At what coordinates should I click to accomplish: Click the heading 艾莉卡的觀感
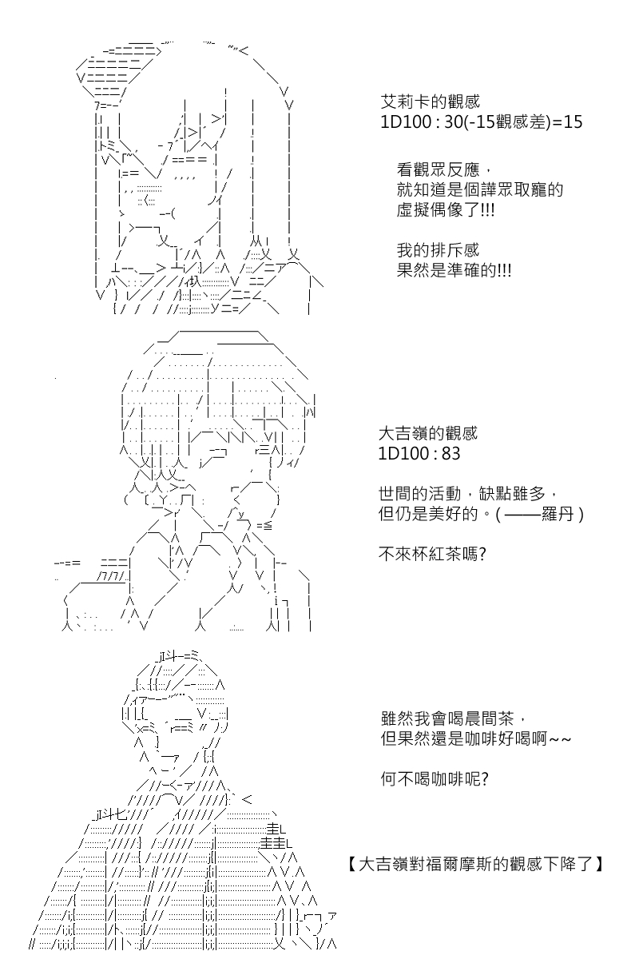pos(430,101)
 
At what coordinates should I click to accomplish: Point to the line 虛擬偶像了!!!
pos(446,210)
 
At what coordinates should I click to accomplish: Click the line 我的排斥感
pos(438,250)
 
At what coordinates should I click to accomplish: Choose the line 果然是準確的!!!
pos(454,270)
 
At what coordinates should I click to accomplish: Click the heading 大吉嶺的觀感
pos(428,433)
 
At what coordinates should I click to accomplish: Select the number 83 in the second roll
pos(450,453)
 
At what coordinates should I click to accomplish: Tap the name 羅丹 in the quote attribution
pos(558,514)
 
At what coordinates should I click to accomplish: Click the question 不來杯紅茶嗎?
pos(432,555)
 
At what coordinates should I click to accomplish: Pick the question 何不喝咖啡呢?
pos(435,778)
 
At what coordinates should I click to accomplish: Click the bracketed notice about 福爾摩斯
pos(475,864)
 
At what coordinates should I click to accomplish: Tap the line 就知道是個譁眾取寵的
pos(480,190)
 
